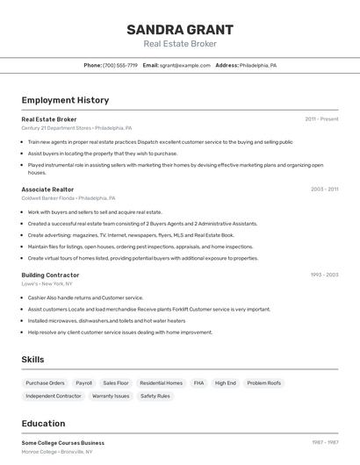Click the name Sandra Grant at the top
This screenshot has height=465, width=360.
(x=180, y=29)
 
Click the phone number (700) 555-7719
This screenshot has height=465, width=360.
(x=120, y=65)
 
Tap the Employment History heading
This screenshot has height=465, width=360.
(x=65, y=100)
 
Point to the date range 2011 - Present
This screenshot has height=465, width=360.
(x=321, y=118)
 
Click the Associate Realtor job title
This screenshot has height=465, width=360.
(x=47, y=189)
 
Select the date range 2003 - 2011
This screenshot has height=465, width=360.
(x=324, y=189)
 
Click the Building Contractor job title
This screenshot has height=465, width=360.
(x=50, y=275)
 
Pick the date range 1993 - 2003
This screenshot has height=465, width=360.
(x=324, y=275)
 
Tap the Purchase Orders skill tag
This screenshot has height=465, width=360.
(x=45, y=383)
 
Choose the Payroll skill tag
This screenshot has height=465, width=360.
(x=83, y=383)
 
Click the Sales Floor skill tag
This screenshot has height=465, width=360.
(x=115, y=383)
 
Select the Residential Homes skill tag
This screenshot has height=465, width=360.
(x=161, y=383)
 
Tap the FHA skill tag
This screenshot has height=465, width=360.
(x=198, y=383)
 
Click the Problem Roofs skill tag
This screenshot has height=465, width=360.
(x=263, y=383)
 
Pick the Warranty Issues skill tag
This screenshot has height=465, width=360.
(x=111, y=396)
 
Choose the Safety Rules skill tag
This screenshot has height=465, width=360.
(x=155, y=396)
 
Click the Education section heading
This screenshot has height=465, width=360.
(x=43, y=424)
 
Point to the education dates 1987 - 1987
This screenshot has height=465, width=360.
(x=324, y=442)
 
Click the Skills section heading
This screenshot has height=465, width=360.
(x=32, y=360)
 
